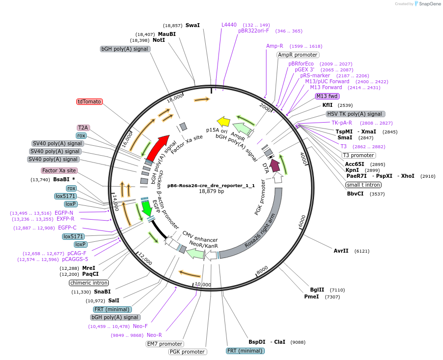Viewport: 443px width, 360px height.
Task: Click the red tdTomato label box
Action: tap(89, 101)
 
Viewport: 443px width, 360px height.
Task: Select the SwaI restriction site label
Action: tap(192, 25)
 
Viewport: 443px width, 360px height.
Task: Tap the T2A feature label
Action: tap(83, 128)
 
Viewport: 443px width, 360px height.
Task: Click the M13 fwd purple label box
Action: tap(327, 96)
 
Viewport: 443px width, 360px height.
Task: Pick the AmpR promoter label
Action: tap(298, 55)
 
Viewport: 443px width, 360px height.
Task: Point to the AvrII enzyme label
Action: tap(341, 251)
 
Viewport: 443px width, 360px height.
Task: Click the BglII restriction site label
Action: tap(317, 290)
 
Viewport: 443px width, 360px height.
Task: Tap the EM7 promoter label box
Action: tap(165, 344)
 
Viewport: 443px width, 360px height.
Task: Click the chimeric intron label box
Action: tap(89, 283)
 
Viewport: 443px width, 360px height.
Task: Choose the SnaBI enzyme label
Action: tap(102, 292)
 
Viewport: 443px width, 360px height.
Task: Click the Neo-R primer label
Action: tap(154, 335)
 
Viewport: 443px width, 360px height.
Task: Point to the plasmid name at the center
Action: tap(211, 186)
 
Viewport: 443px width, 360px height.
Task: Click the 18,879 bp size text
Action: tap(211, 191)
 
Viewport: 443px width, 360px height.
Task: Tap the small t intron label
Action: tap(363, 185)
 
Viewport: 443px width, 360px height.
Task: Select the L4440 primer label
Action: tap(229, 24)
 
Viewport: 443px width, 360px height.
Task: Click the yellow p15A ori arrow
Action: tap(223, 122)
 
